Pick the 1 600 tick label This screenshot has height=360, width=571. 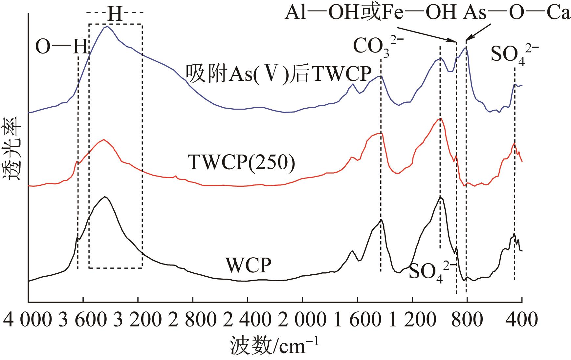coord(357,319)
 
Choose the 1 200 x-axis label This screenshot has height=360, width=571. coord(412,319)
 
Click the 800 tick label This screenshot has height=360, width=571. coord(467,319)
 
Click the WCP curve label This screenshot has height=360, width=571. coord(248,265)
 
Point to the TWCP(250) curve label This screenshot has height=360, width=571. coord(241,163)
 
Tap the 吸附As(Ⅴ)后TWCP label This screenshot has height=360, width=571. coord(278,74)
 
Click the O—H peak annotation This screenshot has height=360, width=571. coord(62,46)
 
